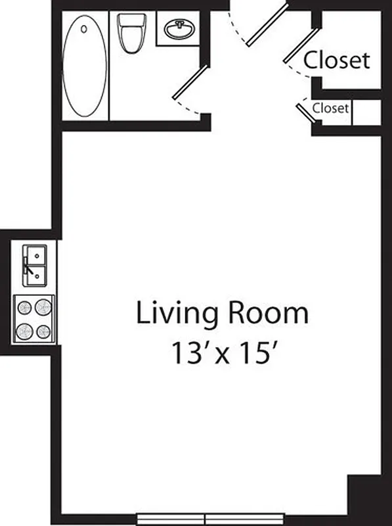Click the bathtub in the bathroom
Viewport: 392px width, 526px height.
click(85, 66)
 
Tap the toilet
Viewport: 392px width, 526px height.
click(129, 37)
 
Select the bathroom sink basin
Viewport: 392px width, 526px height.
click(177, 30)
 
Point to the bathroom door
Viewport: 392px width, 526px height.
click(191, 82)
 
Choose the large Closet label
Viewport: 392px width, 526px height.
click(337, 60)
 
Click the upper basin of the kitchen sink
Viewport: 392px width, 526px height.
click(35, 254)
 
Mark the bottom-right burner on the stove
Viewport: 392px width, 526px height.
click(43, 330)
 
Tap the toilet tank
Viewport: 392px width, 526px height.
click(129, 20)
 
